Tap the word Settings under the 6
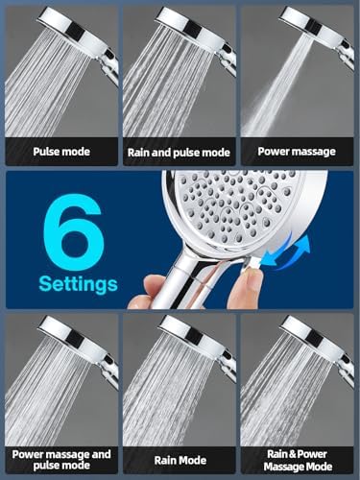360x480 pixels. pos(79,284)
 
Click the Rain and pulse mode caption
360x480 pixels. pos(180,151)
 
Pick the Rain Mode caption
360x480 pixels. pos(180,460)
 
